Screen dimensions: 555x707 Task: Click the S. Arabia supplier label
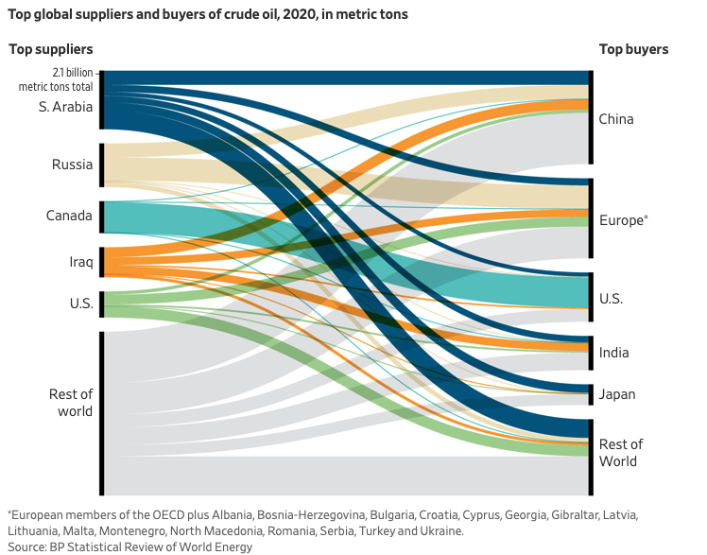coord(65,107)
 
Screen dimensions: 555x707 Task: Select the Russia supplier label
coord(72,165)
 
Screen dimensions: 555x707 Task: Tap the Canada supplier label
coord(69,216)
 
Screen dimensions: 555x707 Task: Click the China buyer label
coord(616,119)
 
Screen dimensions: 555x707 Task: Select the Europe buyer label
coord(621,219)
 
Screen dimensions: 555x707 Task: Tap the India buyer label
coord(613,353)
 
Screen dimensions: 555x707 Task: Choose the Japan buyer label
coord(617,394)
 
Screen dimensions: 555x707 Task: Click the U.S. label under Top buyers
coord(612,299)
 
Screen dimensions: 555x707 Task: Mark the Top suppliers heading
coord(51,49)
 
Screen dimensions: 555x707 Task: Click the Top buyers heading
coord(633,49)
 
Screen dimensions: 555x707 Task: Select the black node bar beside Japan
coord(592,394)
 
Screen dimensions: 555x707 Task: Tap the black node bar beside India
coord(592,353)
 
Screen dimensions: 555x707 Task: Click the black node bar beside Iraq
coord(101,260)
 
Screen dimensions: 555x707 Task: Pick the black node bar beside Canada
coord(101,217)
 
